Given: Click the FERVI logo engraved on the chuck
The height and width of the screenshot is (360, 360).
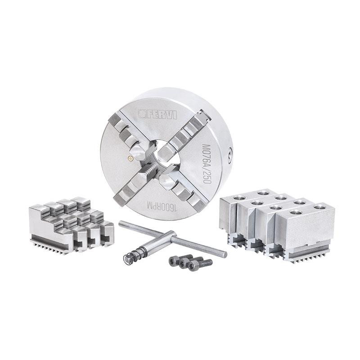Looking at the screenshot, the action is coord(158,114).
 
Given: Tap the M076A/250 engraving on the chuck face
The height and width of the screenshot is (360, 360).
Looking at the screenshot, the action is coord(206,164).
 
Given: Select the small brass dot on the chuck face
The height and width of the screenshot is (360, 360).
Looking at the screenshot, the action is coord(131,158).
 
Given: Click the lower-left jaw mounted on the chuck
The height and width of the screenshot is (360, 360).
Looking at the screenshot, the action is coord(134,184).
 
